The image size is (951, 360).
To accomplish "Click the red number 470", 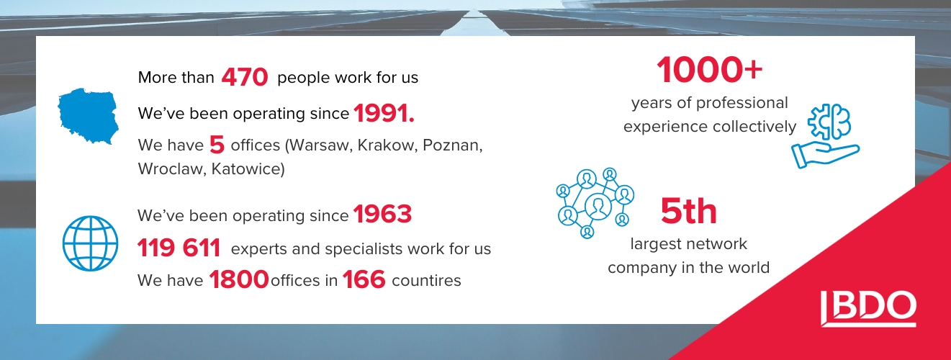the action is pos(245,78).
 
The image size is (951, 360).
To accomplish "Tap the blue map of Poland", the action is pos(89,116).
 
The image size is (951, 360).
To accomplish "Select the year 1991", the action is pos(384,113).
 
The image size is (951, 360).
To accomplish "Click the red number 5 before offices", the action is pos(217,145).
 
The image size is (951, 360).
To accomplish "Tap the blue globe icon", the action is pos(91,243).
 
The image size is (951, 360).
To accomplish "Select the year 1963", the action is pos(382,214).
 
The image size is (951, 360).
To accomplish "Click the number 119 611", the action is pos(179,248).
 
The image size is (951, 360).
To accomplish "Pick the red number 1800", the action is pos(238,280).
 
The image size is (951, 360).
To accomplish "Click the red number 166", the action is pos(364,280).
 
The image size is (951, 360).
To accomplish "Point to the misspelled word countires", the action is pos(426,281).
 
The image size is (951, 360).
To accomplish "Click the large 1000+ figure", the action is pos(709,70).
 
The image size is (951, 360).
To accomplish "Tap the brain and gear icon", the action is pos(829,122).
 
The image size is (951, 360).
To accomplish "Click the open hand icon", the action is pos(825,155).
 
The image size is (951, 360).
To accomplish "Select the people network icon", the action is pos(595,203).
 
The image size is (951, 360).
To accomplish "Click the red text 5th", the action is pos(689,212).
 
